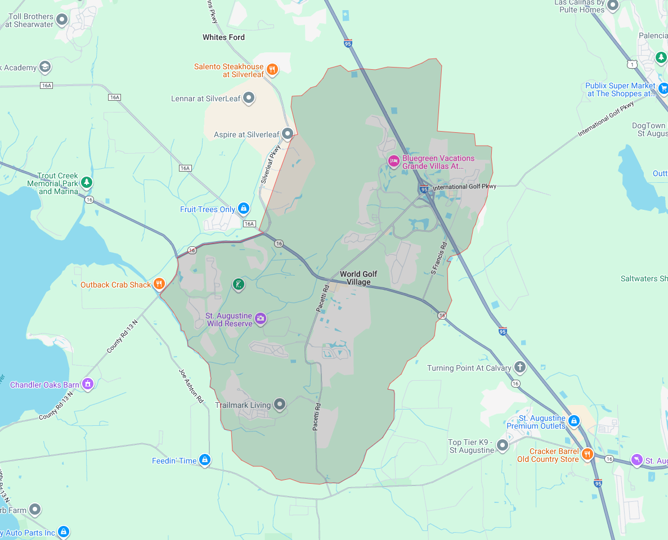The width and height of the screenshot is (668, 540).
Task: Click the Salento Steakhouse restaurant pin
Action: click(272, 69)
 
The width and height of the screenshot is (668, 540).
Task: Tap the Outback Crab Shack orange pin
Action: click(159, 284)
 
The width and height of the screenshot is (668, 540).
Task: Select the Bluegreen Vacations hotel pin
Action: click(394, 161)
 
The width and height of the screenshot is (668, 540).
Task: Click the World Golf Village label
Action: click(358, 278)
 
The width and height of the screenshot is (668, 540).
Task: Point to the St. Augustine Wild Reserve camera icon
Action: click(260, 318)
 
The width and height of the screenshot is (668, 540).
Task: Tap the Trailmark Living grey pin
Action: click(280, 404)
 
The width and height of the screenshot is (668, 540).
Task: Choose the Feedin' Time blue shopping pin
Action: click(205, 460)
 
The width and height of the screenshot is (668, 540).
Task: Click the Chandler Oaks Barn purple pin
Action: click(87, 384)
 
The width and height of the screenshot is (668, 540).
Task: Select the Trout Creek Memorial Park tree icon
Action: click(86, 182)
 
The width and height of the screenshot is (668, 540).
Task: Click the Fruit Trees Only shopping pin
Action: click(243, 209)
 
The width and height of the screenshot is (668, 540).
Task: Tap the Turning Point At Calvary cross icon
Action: click(519, 367)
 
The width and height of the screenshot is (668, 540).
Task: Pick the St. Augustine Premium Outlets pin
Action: click(573, 420)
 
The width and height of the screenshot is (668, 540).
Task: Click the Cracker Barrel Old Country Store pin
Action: click(587, 454)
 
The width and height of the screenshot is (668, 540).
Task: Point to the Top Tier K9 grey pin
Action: click(503, 445)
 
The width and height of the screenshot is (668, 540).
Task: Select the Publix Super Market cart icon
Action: click(663, 88)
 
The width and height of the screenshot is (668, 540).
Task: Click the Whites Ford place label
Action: click(223, 37)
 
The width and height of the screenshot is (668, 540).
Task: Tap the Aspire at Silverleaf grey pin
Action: click(288, 134)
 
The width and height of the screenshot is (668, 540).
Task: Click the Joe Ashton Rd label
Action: click(191, 386)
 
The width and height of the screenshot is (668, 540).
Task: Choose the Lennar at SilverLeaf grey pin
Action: click(249, 98)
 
